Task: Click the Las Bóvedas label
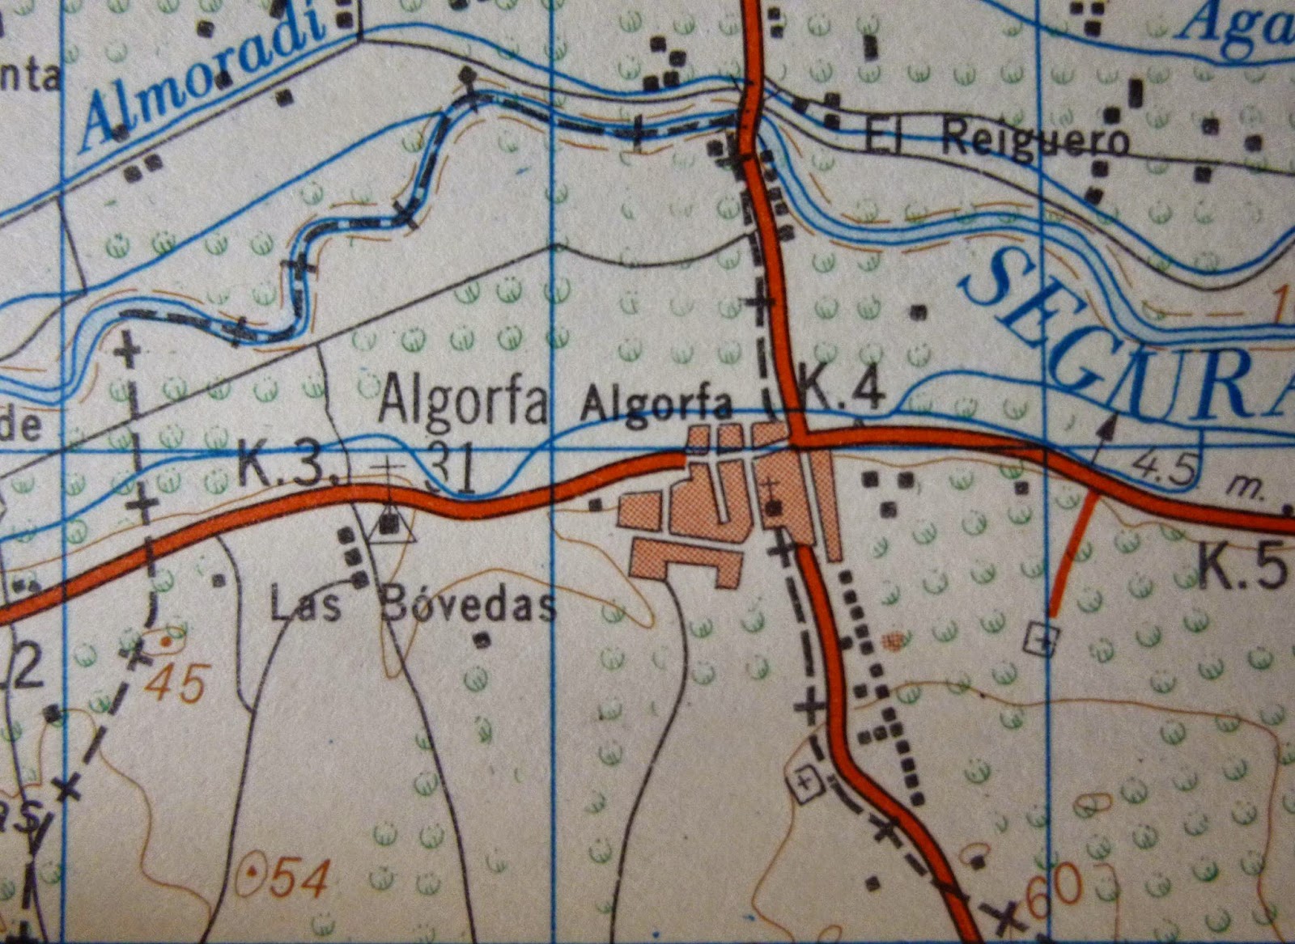[413, 605]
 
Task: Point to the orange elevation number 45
[177, 684]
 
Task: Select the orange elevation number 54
[299, 878]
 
